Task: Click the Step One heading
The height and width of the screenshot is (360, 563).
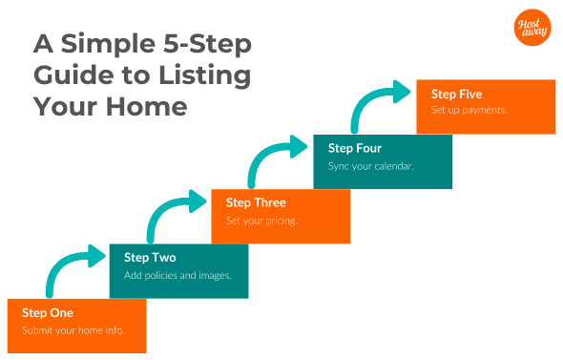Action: [48, 312]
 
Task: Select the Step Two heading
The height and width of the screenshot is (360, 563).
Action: [150, 258]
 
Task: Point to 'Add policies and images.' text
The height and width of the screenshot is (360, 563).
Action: [178, 276]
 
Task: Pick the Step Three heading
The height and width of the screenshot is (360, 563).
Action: [256, 202]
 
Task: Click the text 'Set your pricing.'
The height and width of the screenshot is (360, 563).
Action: [261, 221]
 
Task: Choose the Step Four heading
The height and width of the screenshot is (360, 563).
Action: [355, 148]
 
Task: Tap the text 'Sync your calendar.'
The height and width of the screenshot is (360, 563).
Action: [370, 166]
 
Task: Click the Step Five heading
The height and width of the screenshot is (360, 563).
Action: [456, 94]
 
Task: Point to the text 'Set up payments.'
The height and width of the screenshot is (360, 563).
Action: [469, 110]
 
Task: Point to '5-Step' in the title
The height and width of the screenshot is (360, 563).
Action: [211, 44]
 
